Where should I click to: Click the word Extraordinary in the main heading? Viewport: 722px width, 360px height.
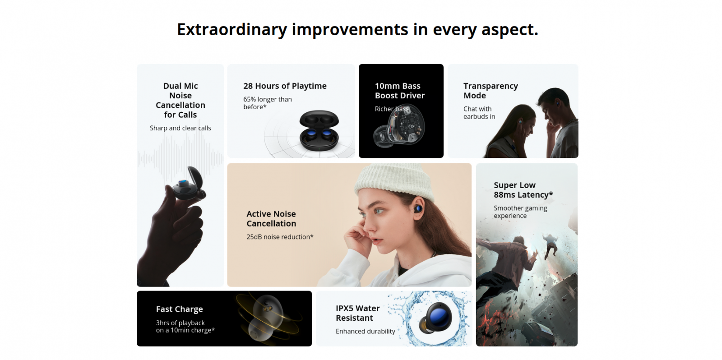[x=232, y=30]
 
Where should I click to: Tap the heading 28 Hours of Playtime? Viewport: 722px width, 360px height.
[x=285, y=86]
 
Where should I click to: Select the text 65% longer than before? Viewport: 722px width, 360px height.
[x=268, y=103]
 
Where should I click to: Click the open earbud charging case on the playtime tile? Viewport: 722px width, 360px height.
[x=319, y=130]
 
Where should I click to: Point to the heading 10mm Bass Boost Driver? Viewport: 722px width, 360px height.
[x=400, y=91]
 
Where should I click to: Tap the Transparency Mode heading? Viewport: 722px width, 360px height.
[x=491, y=91]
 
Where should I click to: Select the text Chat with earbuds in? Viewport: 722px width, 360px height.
[x=479, y=113]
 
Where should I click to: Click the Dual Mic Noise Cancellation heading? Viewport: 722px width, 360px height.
[x=180, y=100]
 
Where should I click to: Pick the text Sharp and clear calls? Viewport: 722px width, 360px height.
[x=180, y=128]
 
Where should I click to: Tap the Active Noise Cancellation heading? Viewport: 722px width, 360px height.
[x=271, y=219]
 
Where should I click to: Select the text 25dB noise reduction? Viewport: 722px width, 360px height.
[x=280, y=237]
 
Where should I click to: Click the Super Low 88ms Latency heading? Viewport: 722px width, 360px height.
[x=523, y=190]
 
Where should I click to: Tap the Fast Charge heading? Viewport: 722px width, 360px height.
[x=180, y=309]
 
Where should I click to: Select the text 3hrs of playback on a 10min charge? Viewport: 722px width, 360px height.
[x=185, y=327]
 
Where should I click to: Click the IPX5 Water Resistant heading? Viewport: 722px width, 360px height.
[x=358, y=313]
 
